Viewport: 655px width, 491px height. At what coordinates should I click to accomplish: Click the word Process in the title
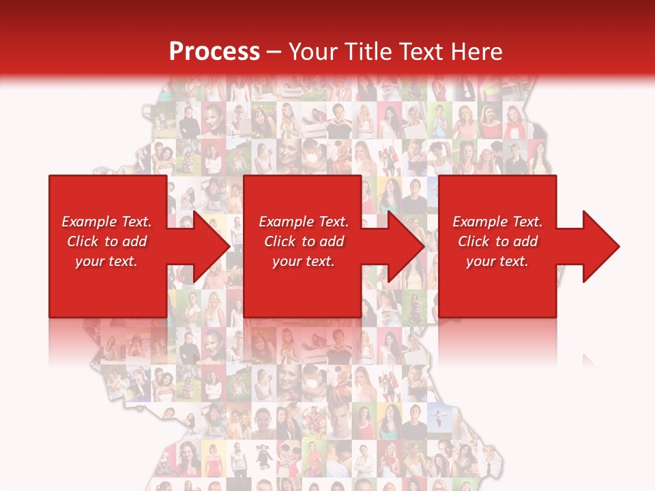pos(214,52)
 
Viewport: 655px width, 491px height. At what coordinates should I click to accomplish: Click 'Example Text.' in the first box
pos(106,222)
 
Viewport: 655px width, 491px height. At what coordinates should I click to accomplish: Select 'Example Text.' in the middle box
pos(304,222)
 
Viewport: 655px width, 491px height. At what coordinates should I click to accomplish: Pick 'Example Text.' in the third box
pos(497,222)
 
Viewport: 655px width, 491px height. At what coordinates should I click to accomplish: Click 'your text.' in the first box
pos(106,261)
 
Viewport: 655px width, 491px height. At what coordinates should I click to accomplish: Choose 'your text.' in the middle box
pos(304,261)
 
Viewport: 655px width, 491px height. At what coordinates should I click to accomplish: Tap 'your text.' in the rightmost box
pos(497,261)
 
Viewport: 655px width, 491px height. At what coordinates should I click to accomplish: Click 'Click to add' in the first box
pos(106,241)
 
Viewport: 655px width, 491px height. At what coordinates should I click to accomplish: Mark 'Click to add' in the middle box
pos(304,241)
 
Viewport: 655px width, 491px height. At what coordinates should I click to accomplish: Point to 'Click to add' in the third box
pos(497,241)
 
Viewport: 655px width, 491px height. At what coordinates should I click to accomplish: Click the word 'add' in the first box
pos(134,241)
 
